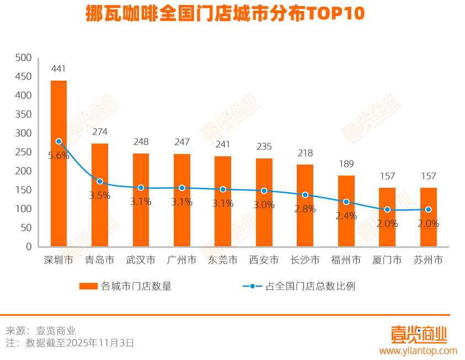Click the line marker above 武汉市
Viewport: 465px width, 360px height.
pyautogui.click(x=141, y=188)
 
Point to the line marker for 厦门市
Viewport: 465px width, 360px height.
pyautogui.click(x=387, y=210)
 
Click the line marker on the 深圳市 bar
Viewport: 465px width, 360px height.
pyautogui.click(x=58, y=141)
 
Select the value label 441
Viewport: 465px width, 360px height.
pyautogui.click(x=58, y=69)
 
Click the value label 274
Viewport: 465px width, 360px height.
pyautogui.click(x=100, y=132)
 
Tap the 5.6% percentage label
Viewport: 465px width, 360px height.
pyautogui.click(x=58, y=156)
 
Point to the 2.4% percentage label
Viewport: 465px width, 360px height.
pyautogui.click(x=346, y=216)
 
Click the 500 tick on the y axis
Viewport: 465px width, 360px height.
pyautogui.click(x=24, y=58)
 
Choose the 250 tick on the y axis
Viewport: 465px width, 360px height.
pyautogui.click(x=24, y=152)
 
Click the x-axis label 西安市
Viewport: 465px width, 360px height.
pyautogui.click(x=264, y=260)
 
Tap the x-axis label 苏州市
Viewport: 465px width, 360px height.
pyautogui.click(x=428, y=260)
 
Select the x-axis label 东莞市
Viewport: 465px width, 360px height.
pyautogui.click(x=223, y=260)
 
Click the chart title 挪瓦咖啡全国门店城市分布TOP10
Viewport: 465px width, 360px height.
pyautogui.click(x=225, y=14)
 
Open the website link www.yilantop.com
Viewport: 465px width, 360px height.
pyautogui.click(x=418, y=351)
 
